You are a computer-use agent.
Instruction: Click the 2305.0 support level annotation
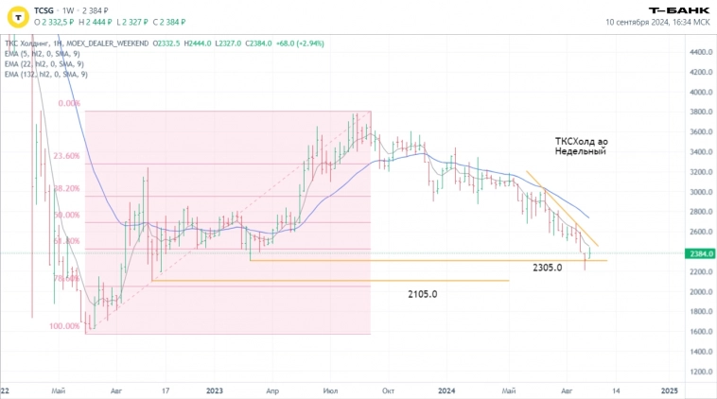(546, 268)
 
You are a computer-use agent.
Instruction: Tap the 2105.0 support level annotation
(423, 294)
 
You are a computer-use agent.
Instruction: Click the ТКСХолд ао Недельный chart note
(581, 146)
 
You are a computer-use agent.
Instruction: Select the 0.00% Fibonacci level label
(68, 104)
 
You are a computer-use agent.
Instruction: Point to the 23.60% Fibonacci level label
(66, 156)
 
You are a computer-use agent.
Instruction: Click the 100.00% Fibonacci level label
(65, 326)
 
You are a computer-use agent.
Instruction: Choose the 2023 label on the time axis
(214, 390)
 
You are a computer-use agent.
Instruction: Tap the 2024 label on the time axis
(447, 390)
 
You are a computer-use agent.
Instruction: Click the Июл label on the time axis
(330, 390)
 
